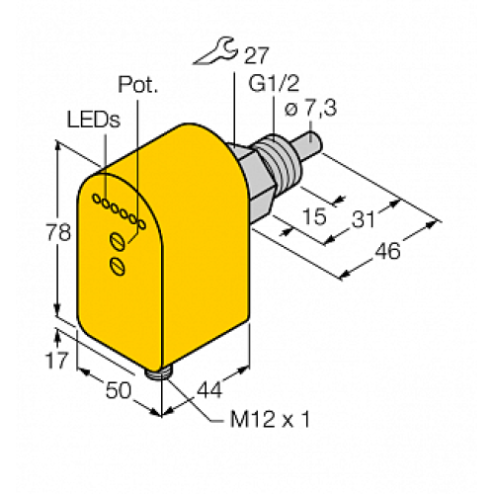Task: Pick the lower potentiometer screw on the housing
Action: [x=117, y=264]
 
